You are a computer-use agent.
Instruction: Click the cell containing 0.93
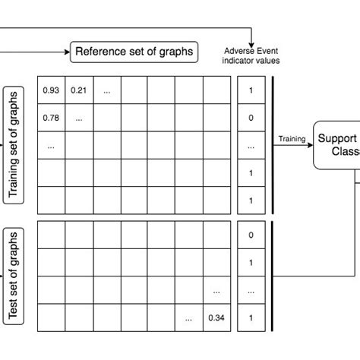pos(51,91)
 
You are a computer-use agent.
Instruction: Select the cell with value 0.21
pos(78,91)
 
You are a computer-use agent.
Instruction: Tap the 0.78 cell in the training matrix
pos(51,118)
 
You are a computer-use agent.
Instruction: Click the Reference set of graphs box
pos(133,52)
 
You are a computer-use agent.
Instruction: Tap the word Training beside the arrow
pos(292,138)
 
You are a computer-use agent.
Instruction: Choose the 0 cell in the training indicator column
pos(251,118)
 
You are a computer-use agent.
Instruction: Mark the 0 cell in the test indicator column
pos(251,235)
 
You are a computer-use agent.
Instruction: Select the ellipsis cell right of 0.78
pos(78,118)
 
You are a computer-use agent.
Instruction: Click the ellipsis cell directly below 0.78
pos(51,145)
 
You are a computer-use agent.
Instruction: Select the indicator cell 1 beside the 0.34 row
pos(251,317)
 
